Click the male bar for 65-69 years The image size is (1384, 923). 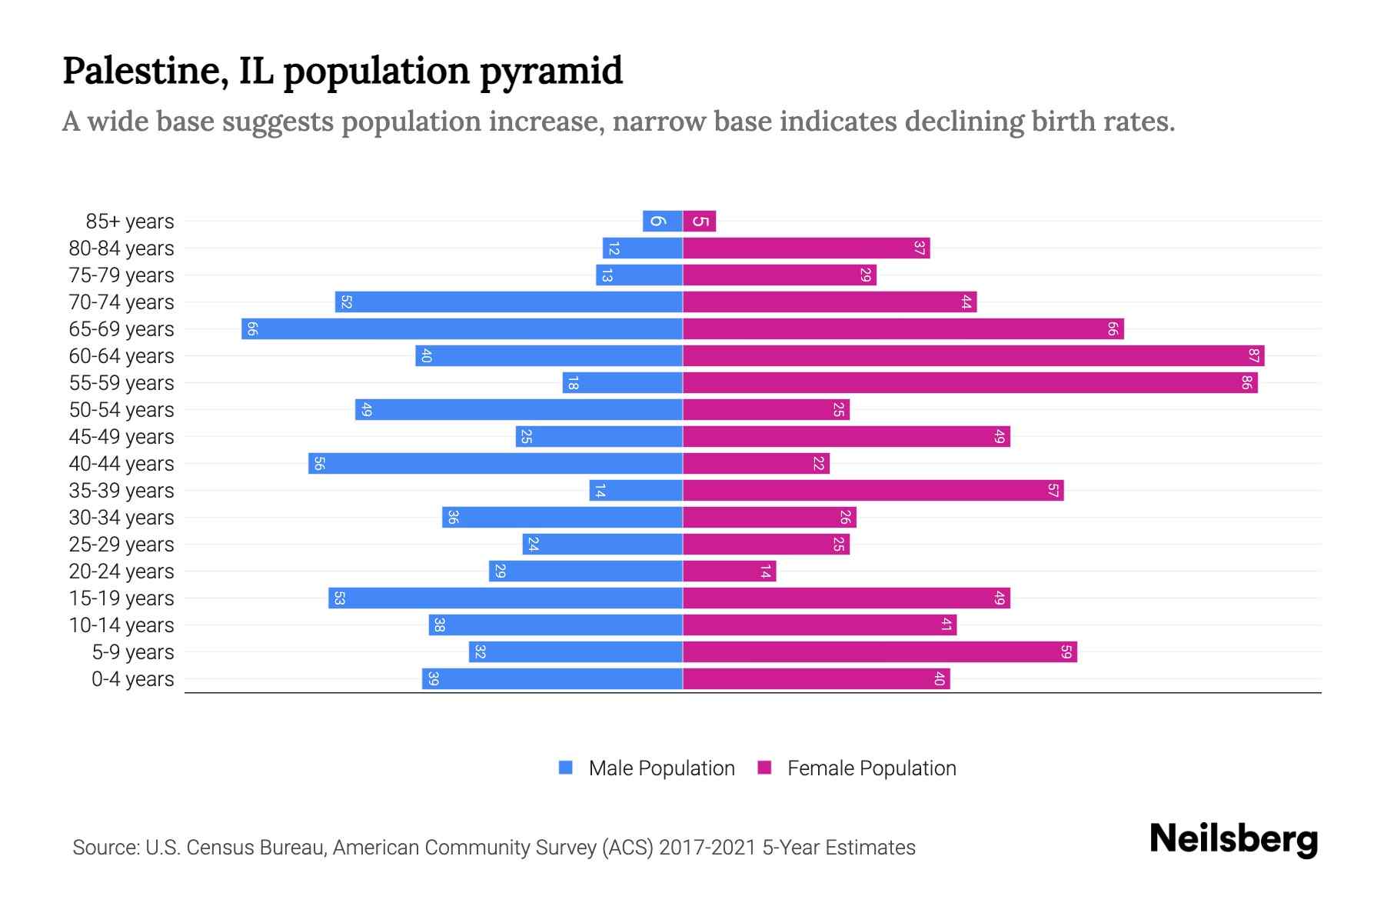tap(461, 329)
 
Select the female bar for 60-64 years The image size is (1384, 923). tap(973, 356)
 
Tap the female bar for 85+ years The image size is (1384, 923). tap(700, 222)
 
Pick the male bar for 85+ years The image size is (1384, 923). tap(663, 222)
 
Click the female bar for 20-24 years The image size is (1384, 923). tap(729, 571)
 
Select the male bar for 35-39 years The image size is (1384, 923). tap(636, 491)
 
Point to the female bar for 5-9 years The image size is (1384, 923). tap(880, 652)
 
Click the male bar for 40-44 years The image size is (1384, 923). tap(495, 464)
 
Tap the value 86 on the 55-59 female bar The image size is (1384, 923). tap(1246, 383)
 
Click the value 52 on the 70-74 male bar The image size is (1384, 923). tap(346, 302)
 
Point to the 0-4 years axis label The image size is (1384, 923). tap(132, 679)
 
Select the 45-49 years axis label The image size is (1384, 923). tap(121, 437)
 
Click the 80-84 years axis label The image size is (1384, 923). tap(121, 248)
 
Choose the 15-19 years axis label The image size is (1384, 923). tap(121, 598)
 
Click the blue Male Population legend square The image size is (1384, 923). tap(566, 768)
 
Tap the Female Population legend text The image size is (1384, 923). tap(871, 768)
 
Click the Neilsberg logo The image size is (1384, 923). tap(1233, 838)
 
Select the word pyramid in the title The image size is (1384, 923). tap(551, 72)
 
